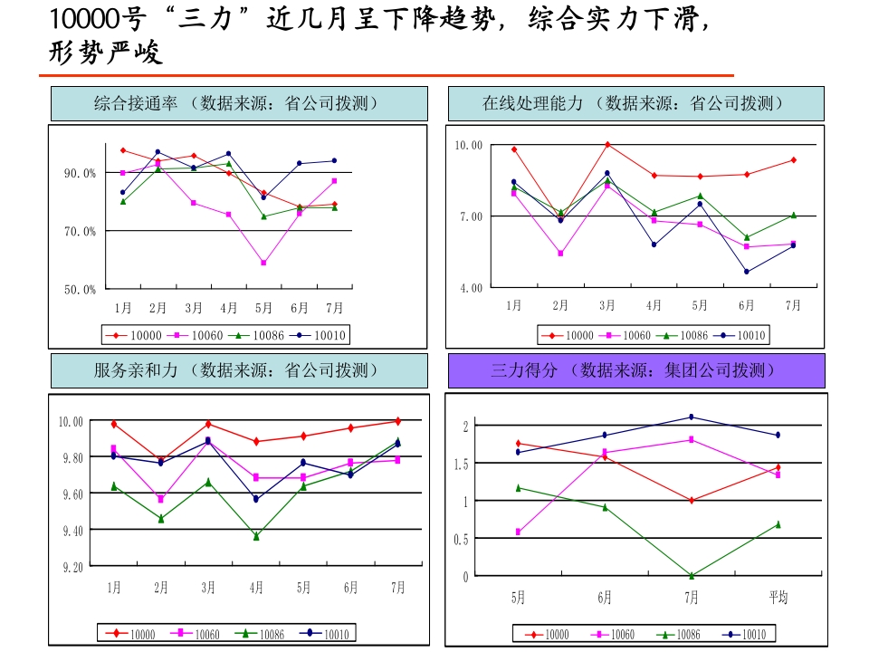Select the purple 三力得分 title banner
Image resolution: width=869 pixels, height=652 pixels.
click(x=636, y=370)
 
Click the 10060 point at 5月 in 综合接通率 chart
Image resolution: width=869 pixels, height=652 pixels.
click(x=263, y=263)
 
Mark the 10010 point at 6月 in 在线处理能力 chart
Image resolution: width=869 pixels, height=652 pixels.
click(x=747, y=272)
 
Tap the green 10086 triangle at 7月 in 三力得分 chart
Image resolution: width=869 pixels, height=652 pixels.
click(x=692, y=575)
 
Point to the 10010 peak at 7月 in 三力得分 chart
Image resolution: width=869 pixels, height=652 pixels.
click(x=692, y=417)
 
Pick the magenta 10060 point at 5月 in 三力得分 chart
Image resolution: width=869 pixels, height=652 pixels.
click(x=518, y=532)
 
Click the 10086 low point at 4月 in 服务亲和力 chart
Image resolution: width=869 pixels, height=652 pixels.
click(x=256, y=536)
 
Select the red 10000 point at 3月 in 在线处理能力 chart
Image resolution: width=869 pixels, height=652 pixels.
click(x=607, y=144)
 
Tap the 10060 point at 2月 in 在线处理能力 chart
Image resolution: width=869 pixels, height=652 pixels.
click(x=560, y=254)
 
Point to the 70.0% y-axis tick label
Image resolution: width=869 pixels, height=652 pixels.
click(x=80, y=232)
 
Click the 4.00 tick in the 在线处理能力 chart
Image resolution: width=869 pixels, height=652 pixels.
click(x=468, y=288)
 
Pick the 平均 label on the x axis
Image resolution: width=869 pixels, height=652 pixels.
click(x=778, y=598)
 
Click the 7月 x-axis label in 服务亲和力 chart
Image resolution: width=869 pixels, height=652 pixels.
click(x=397, y=588)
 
